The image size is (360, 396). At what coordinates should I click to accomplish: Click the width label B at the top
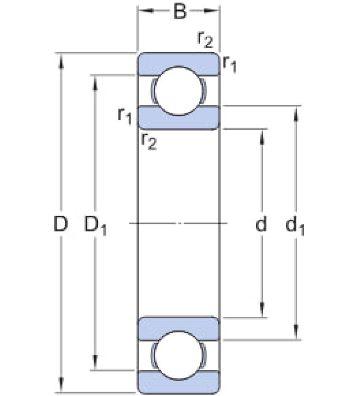pos(180,11)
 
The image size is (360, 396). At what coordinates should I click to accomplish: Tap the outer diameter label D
pos(61,224)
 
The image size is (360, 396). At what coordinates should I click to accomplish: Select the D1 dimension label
pos(95,225)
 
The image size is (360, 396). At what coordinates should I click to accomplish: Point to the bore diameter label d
pos(261,224)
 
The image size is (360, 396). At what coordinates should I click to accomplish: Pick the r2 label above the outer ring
pos(205,40)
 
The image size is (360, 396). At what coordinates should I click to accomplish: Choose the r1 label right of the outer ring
pos(229,64)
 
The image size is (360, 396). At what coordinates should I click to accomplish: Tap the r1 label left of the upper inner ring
pos(125,116)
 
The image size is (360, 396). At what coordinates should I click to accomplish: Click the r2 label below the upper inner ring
pos(149,142)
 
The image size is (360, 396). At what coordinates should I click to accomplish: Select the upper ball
pos(179,91)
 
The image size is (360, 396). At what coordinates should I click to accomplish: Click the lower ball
pos(179,355)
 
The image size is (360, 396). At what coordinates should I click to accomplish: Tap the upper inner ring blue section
pos(179,121)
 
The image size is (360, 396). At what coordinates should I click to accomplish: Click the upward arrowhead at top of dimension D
pos(61,61)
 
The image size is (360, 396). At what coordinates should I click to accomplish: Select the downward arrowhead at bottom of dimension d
pos(263,309)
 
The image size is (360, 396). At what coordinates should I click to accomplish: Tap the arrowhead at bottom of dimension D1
pos(95,362)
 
